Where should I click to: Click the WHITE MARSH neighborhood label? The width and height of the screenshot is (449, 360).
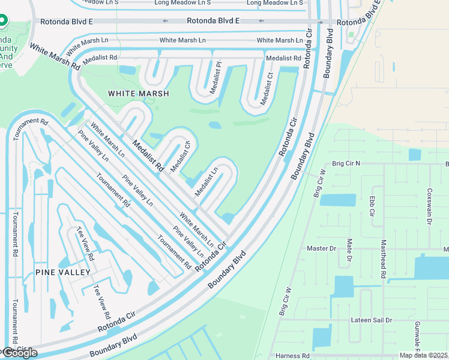coord(138,94)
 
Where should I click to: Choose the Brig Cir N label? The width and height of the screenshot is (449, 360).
coord(346,163)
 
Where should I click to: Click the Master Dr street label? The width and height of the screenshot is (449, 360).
coord(321,248)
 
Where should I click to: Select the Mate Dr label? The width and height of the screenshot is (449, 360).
coord(349,251)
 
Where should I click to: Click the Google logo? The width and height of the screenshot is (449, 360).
coord(20,352)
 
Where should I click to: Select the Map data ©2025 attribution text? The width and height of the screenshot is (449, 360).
coord(423,355)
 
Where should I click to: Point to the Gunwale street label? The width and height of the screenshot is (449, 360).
coord(418,336)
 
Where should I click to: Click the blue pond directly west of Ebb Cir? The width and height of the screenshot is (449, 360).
coord(337,200)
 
